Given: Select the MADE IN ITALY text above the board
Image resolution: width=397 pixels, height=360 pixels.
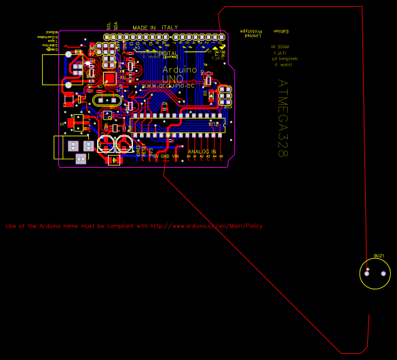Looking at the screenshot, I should (x=155, y=28).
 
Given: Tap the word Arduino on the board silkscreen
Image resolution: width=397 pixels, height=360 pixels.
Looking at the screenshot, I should (x=180, y=69).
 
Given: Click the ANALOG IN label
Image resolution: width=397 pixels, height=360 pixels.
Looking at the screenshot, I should (x=202, y=151).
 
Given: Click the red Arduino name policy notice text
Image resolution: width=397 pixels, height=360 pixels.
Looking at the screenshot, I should (x=134, y=226).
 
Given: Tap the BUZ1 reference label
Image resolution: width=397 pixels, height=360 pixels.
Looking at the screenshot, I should (x=379, y=256).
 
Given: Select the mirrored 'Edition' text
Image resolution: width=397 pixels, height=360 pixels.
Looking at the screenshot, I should (x=280, y=31).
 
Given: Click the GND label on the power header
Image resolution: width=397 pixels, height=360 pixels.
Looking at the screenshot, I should (x=165, y=156).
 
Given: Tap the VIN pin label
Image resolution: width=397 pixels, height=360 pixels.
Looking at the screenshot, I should (x=175, y=156).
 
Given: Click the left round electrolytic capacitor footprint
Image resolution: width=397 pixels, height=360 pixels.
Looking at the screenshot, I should (x=106, y=143).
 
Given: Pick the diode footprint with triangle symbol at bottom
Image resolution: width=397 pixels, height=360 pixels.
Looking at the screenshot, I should (x=115, y=160).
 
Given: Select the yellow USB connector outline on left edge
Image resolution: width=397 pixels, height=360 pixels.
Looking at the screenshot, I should (x=54, y=69).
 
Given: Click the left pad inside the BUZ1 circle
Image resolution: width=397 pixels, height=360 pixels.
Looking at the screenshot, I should (x=368, y=274).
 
